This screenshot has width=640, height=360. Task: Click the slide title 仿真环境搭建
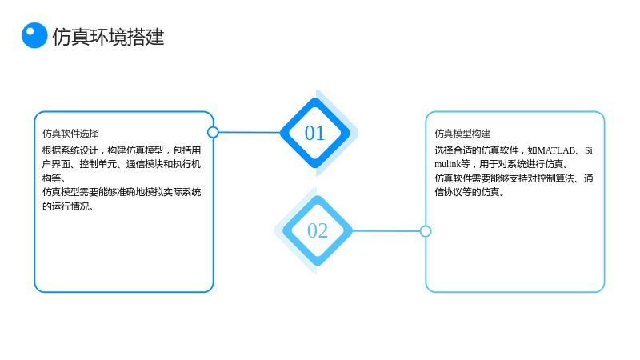point(108,37)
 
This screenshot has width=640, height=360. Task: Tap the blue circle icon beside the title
point(34,35)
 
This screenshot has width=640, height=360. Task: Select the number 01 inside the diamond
point(314,133)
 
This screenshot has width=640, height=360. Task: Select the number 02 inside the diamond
point(318,230)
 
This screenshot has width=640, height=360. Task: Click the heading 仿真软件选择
point(70,134)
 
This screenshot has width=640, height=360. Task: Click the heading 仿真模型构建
point(462,134)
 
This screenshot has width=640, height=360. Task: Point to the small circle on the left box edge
point(213,132)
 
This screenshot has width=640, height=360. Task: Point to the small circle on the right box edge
point(426,231)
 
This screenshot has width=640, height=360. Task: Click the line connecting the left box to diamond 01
point(250,132)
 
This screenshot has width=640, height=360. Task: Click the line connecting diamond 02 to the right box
point(386,231)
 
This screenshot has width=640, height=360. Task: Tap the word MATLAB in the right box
point(557,150)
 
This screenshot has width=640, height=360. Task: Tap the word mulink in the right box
point(447,164)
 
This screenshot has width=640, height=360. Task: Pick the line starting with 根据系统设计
point(122,150)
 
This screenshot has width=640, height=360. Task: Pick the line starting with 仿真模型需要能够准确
point(122,192)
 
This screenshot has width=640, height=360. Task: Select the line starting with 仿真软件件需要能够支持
point(514,178)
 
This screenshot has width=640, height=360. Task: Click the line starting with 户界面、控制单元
point(122,164)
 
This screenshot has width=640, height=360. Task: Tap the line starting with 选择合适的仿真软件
point(514,150)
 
